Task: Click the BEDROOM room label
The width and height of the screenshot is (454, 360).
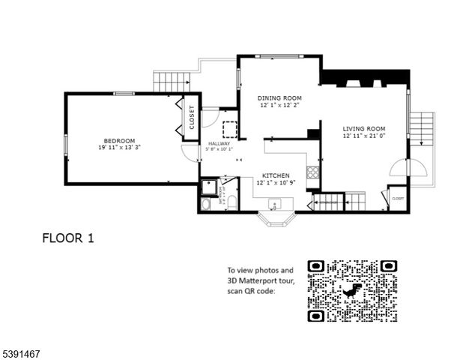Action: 119,141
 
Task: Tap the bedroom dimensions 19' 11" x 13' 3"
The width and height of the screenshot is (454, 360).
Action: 119,148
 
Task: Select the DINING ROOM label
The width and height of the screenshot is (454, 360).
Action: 279,98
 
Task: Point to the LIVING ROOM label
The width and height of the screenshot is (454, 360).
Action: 364,129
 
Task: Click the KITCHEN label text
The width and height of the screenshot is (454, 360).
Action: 275,175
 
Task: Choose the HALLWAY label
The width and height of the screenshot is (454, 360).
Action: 219,142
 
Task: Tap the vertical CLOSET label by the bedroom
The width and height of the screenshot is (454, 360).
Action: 192,118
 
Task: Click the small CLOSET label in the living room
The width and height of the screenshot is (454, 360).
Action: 397,199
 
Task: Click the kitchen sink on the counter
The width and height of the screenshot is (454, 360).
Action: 274,203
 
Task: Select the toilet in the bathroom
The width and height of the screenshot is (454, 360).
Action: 231,201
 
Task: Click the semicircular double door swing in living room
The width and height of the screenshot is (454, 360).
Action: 417,169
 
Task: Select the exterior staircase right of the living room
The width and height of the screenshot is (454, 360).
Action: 423,130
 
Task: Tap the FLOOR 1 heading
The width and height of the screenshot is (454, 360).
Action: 67,238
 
